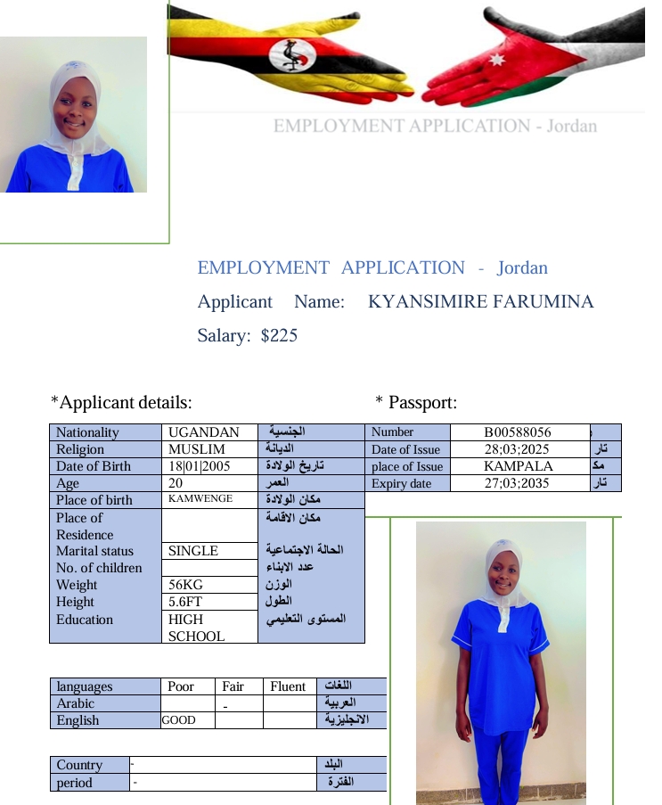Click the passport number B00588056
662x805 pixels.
point(518,432)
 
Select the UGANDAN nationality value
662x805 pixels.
point(203,432)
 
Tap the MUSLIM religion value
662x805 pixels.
point(196,449)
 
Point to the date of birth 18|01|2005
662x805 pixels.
point(200,466)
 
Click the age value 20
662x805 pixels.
point(176,483)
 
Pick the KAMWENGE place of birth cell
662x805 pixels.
point(200,499)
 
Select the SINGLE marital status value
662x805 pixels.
point(193,551)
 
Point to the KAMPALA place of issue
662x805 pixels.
point(518,466)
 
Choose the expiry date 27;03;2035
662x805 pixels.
point(518,483)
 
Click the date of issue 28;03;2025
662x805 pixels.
point(518,449)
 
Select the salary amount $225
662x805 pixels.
point(279,336)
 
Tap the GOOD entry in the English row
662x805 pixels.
point(178,720)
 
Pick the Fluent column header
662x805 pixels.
point(288,686)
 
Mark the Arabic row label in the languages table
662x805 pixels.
point(75,703)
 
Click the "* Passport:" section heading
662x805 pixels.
point(416,403)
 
